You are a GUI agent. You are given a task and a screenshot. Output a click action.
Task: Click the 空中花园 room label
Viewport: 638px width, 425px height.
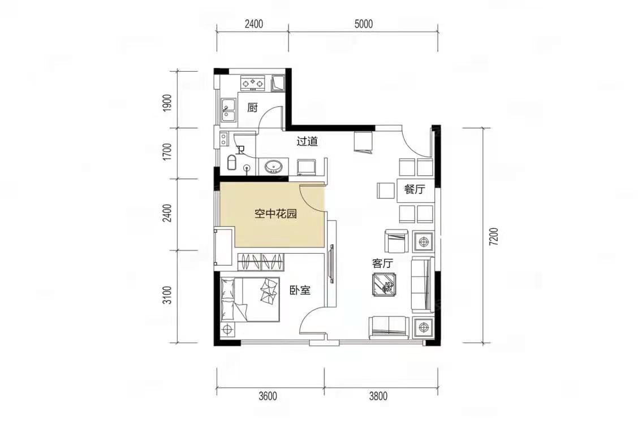coord(275,214)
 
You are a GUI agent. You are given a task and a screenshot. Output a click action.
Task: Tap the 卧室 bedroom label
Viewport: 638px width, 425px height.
coord(300,290)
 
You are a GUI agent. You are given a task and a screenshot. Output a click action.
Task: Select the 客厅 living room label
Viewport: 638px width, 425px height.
coord(382,263)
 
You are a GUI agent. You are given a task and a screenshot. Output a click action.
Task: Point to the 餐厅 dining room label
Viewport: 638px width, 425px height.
coord(414,189)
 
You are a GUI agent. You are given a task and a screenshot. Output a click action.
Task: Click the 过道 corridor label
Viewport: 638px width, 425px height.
coord(307,141)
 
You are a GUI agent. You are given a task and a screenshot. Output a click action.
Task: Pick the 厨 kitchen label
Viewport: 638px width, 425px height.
coord(253,108)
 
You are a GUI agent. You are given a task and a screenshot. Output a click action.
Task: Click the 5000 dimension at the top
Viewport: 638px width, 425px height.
coord(363,24)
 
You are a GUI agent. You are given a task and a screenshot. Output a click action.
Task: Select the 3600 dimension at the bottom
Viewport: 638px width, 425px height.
coord(268,396)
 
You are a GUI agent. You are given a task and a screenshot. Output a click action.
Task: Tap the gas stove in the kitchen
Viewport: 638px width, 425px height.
coord(253,84)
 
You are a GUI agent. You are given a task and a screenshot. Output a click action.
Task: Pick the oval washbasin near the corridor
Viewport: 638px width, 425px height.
coord(273,167)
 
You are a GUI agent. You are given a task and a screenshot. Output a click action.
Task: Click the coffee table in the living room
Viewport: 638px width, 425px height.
coord(385,284)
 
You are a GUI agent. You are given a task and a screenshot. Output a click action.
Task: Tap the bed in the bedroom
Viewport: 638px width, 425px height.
coord(250,300)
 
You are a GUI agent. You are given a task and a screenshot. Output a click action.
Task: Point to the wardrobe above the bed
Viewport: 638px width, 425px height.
coord(260,262)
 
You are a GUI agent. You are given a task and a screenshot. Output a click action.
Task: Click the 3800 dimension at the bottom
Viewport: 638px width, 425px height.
coord(378,396)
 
